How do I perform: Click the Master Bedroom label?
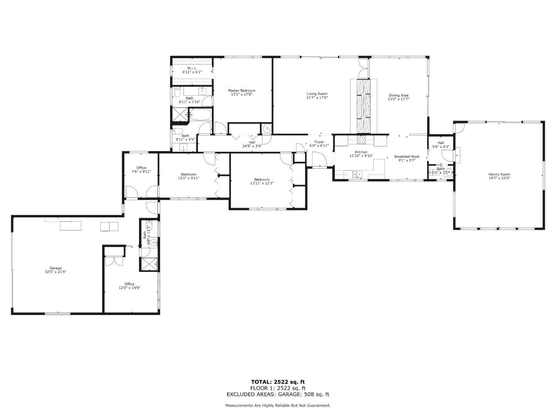pyautogui.click(x=241, y=91)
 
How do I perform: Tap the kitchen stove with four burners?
pyautogui.click(x=361, y=139)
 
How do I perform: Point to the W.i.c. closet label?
pyautogui.click(x=192, y=68)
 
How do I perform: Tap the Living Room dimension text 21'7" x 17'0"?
pyautogui.click(x=317, y=98)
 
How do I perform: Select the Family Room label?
pyautogui.click(x=499, y=175)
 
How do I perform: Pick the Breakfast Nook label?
pyautogui.click(x=407, y=157)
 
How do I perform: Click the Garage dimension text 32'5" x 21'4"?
pyautogui.click(x=56, y=272)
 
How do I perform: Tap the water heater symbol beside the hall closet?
pyautogui.click(x=267, y=128)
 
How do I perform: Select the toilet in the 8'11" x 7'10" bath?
pyautogui.click(x=177, y=93)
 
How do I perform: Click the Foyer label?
pyautogui.click(x=319, y=142)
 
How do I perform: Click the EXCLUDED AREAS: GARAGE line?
pyautogui.click(x=278, y=394)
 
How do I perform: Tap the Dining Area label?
pyautogui.click(x=398, y=95)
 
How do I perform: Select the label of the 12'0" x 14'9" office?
pyautogui.click(x=129, y=284)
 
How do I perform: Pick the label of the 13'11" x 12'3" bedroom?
pyautogui.click(x=261, y=179)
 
